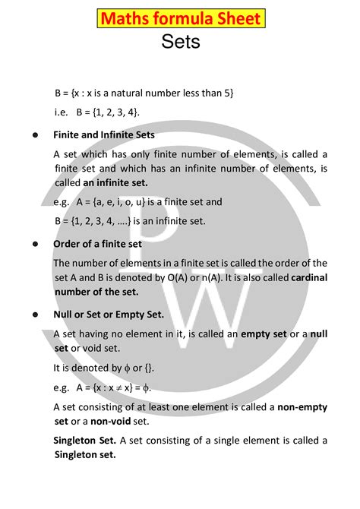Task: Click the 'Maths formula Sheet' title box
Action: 179,19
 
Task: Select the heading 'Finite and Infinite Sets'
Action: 103,134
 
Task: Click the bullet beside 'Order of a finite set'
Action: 36,245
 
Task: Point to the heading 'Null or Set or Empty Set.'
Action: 108,314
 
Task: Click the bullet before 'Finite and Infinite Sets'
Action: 36,135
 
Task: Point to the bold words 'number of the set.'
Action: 96,291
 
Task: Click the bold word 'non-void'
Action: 112,421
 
